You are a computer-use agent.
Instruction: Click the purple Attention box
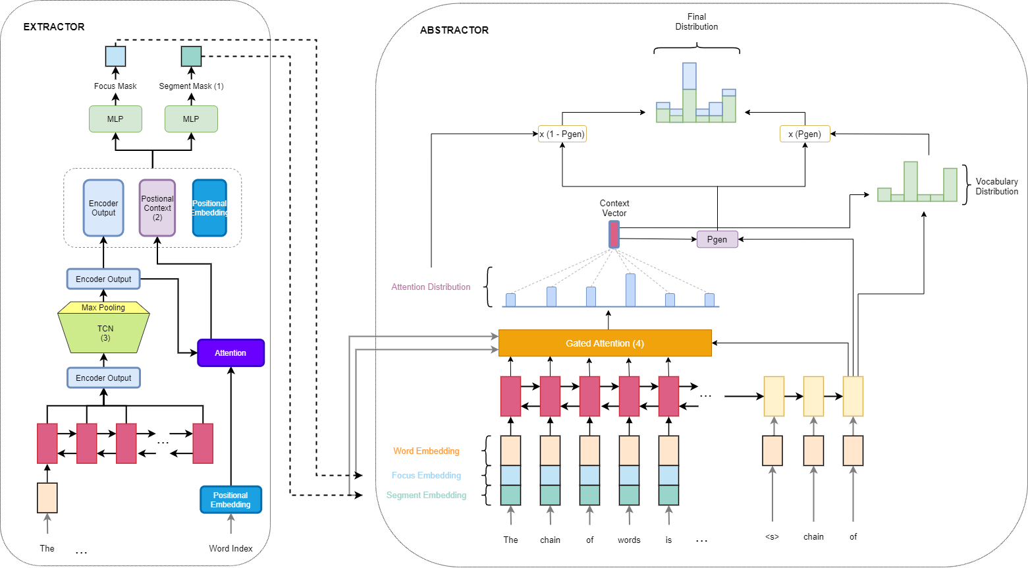point(230,353)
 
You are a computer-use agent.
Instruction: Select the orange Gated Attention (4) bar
point(605,343)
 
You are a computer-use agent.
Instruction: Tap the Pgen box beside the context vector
point(717,239)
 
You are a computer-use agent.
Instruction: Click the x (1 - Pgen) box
point(562,134)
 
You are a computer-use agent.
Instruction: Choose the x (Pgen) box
point(805,134)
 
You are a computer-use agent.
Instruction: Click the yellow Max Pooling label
point(103,308)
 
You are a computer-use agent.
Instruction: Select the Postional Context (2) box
point(157,208)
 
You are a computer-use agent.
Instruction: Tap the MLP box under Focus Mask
point(115,119)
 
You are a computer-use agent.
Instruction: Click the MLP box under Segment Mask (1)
point(191,119)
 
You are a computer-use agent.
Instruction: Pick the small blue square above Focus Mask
point(116,57)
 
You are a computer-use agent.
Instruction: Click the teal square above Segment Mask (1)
point(192,57)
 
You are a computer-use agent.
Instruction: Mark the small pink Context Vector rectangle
point(614,235)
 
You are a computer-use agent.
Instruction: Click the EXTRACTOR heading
point(54,27)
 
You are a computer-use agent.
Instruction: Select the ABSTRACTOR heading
point(454,30)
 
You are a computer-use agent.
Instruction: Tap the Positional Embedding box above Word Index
point(230,500)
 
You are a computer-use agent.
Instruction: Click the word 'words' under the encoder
point(629,540)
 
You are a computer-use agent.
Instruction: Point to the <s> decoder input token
point(772,537)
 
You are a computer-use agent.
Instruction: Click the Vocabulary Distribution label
point(996,186)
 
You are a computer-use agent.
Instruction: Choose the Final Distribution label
point(696,22)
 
